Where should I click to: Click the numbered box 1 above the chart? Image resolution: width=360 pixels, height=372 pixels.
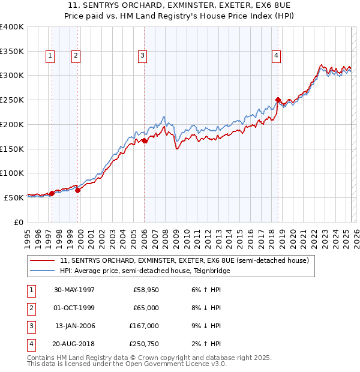(49, 56)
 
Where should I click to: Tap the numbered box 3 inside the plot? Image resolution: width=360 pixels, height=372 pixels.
(143, 56)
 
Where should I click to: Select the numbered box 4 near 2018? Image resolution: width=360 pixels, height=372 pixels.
(276, 56)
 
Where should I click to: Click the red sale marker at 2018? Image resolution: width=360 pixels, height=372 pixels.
(278, 100)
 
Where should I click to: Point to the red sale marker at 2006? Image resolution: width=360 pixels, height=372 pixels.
(145, 141)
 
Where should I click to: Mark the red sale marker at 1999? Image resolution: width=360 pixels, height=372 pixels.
(77, 190)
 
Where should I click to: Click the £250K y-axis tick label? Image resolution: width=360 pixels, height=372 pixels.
(12, 100)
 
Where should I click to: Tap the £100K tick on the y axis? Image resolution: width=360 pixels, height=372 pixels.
(12, 173)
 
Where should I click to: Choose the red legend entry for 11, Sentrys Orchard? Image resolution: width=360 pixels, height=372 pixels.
(184, 260)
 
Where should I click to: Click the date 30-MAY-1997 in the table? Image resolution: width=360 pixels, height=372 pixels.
(74, 290)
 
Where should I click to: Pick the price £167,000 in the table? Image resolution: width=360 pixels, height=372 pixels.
(145, 326)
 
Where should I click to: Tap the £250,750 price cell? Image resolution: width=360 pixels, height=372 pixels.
(145, 344)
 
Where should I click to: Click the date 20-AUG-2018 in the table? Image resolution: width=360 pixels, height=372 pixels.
(74, 344)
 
